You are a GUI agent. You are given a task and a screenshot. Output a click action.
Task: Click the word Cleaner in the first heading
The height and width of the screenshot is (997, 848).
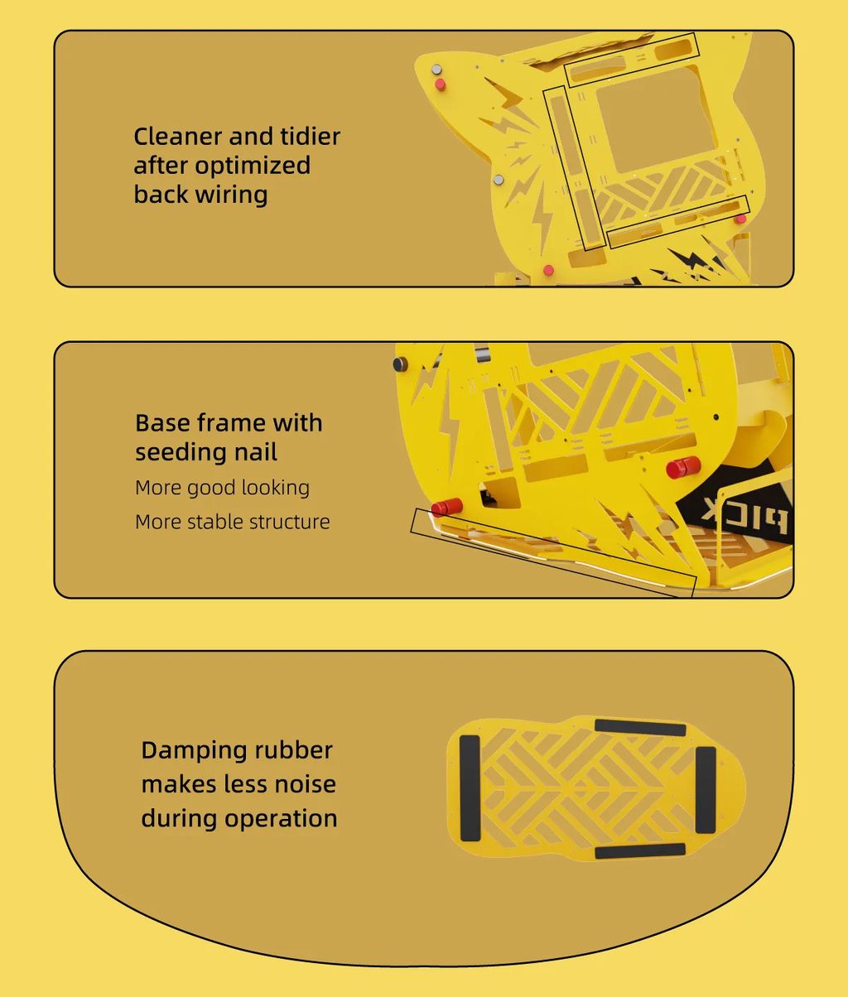tap(178, 137)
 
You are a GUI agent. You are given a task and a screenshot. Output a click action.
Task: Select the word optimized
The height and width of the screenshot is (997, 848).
tap(253, 166)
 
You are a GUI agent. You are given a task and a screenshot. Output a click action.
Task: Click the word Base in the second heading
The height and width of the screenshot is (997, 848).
tap(162, 423)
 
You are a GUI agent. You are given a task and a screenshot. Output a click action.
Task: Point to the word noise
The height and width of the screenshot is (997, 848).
tap(305, 785)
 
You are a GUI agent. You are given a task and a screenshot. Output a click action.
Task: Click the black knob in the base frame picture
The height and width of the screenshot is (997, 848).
tap(400, 364)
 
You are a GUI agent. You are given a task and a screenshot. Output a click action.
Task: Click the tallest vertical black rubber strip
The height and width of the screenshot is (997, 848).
tap(470, 788)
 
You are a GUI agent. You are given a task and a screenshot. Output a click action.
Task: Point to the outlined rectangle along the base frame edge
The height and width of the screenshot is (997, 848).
tap(553, 553)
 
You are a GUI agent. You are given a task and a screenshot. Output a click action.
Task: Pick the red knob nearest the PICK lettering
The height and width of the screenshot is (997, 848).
tap(683, 467)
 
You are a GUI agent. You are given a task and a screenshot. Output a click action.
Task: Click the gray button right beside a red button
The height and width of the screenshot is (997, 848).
tap(436, 70)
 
